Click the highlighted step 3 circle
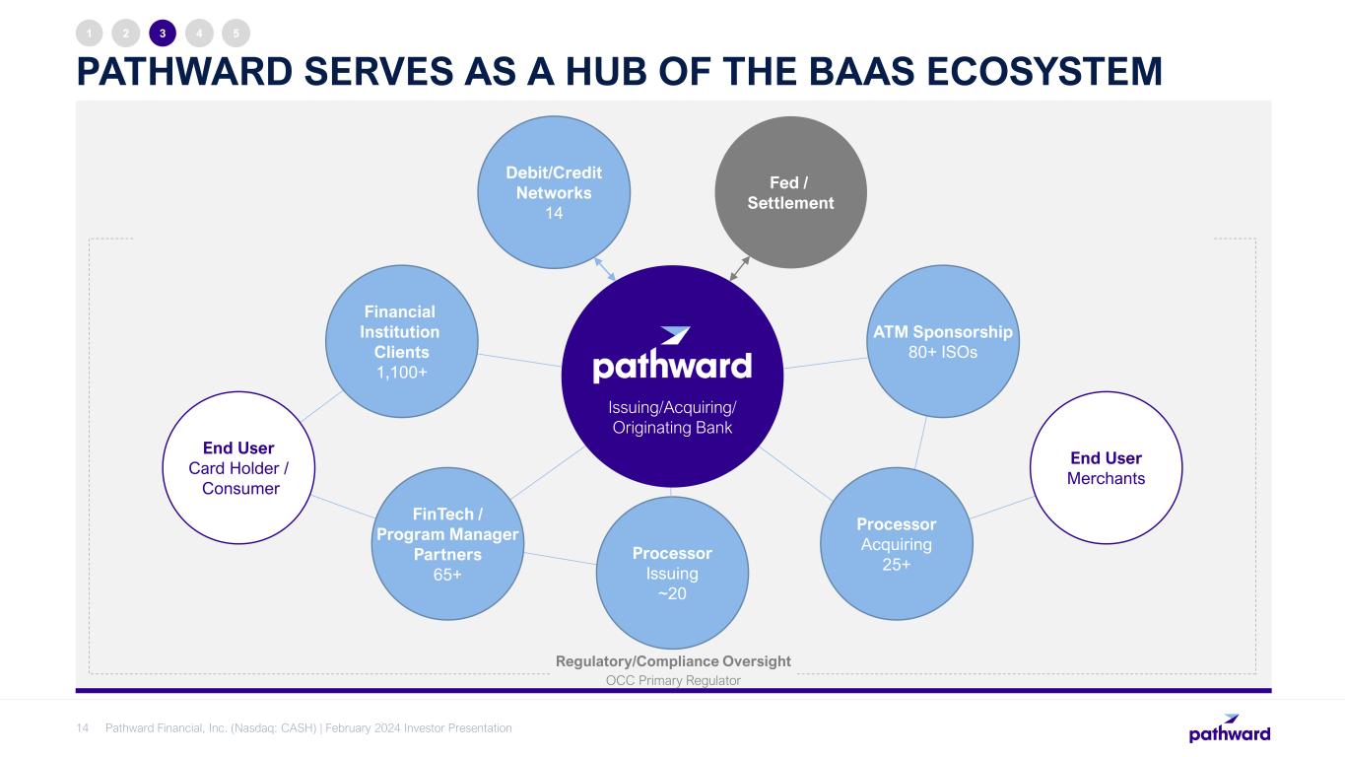163,34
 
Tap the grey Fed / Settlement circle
790,192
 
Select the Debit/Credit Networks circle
554,192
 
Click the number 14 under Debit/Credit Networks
554,213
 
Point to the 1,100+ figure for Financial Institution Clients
401,373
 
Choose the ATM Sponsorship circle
943,341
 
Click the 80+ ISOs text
943,352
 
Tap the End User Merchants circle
1106,468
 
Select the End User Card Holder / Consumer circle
238,468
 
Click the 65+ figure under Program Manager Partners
447,575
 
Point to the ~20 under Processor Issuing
672,594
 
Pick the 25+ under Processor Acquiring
896,565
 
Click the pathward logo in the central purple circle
672,355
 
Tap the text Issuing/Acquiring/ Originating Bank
672,418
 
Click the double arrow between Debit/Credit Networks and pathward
605,269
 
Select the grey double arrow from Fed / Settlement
739,268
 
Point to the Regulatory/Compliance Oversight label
673,661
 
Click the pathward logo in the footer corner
1230,728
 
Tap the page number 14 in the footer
82,728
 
